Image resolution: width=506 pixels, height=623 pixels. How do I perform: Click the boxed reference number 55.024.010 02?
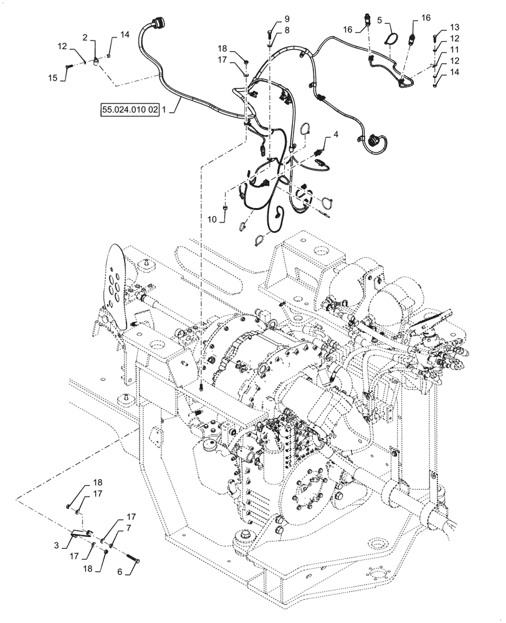pyautogui.click(x=129, y=110)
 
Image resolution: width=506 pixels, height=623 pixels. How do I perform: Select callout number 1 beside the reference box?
pyautogui.click(x=164, y=110)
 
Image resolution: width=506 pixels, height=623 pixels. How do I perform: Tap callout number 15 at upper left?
pyautogui.click(x=53, y=77)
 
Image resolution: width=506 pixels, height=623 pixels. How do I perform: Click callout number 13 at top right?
pyautogui.click(x=454, y=27)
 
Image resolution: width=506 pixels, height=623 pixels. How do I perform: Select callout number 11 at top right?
pyautogui.click(x=454, y=49)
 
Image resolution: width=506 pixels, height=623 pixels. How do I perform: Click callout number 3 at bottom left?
pyautogui.click(x=56, y=545)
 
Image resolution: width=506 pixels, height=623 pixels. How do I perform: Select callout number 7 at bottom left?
pyautogui.click(x=128, y=528)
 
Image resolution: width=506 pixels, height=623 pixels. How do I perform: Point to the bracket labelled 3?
pyautogui.click(x=79, y=534)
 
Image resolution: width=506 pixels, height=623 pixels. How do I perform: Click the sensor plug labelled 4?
pyautogui.click(x=322, y=152)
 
